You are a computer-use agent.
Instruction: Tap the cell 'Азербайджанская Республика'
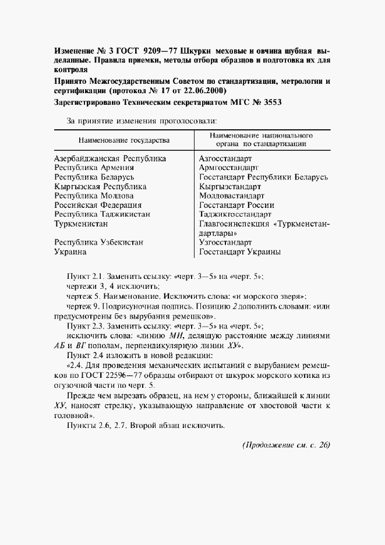click(110, 158)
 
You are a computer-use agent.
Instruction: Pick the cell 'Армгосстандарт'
click(229, 168)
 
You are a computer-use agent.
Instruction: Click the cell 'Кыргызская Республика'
click(100, 187)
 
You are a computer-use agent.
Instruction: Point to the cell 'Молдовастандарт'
click(232, 196)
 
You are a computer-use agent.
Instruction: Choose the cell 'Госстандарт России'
click(236, 206)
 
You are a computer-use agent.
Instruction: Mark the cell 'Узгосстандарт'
click(225, 243)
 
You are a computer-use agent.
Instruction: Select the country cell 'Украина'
click(70, 252)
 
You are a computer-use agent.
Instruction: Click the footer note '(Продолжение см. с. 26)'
click(285, 445)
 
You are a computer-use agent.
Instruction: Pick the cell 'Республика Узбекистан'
click(98, 243)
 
